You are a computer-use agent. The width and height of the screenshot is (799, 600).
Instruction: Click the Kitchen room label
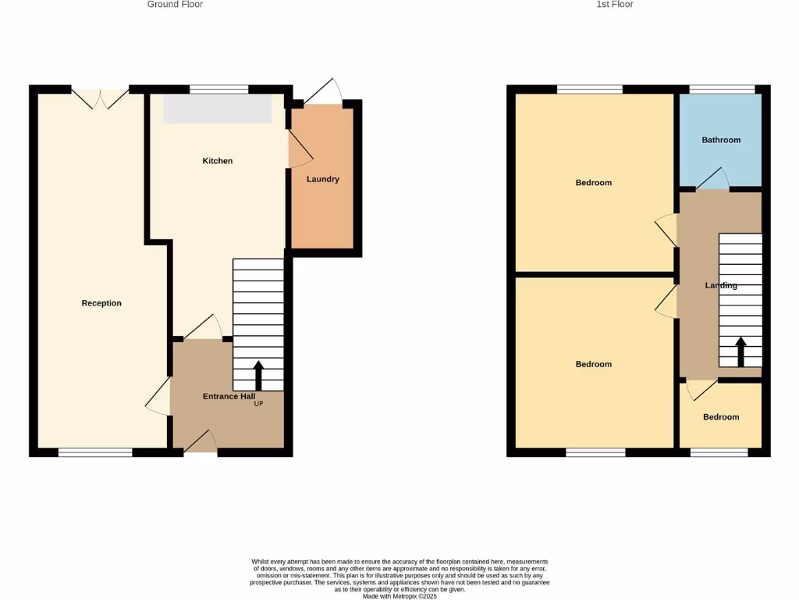pos(218,161)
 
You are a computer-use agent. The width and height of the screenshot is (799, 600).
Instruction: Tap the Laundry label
pos(323,179)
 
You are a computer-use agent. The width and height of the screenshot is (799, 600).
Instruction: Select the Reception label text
pos(101,303)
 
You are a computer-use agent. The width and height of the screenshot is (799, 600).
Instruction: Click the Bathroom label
pos(721,140)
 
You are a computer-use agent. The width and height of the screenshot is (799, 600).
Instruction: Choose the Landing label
pos(721,285)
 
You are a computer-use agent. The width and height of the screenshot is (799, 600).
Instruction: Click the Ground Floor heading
pos(175,5)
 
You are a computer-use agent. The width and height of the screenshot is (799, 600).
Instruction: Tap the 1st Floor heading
pos(615,5)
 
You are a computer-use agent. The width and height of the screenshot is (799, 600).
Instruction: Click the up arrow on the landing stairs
pos(740,352)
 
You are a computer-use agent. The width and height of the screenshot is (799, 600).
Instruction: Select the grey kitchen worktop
pos(217,109)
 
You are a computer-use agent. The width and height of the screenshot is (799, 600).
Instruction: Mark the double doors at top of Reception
pos(100,98)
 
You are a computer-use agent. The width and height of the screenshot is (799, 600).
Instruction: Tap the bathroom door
pos(712,180)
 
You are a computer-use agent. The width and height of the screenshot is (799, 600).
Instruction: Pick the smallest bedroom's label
pos(721,417)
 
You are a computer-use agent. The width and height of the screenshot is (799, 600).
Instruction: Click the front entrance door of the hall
pos(201,442)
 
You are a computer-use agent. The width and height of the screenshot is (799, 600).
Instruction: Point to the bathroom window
pos(722,89)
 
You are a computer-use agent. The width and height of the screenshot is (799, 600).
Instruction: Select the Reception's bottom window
pos(95,452)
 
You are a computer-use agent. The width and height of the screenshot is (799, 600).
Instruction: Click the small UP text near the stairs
pos(258,404)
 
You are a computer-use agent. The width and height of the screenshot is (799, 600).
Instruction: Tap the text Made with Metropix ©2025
pos(399,596)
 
